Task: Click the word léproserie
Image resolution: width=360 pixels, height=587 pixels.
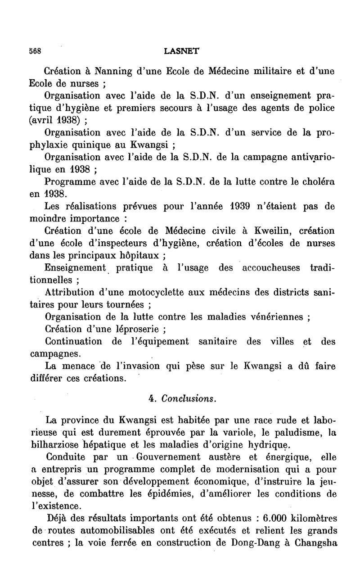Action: coord(134,329)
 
